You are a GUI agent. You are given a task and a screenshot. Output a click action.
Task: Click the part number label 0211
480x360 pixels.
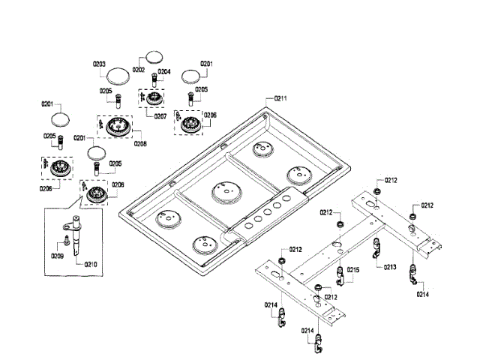tap(281, 98)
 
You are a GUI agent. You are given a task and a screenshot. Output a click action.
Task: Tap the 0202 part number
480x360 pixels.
tap(139, 70)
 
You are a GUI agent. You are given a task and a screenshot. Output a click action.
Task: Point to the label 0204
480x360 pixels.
tap(164, 71)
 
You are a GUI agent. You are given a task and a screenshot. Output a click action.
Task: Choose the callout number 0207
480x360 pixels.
tap(160, 116)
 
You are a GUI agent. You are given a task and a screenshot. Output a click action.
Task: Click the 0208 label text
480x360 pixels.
tap(140, 142)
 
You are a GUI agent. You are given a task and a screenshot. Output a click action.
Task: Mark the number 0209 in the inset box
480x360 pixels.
tap(57, 256)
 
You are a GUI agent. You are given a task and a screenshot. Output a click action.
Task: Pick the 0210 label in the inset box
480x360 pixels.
tap(91, 264)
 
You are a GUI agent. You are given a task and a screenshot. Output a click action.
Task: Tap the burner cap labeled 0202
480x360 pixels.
tap(154, 57)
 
